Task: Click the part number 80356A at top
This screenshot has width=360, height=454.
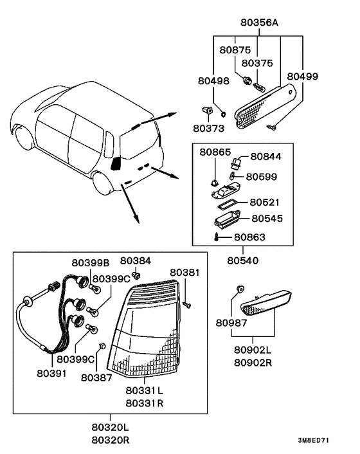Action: pyautogui.click(x=259, y=23)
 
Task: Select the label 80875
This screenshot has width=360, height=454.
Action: pyautogui.click(x=235, y=50)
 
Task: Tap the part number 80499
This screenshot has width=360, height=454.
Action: pyautogui.click(x=302, y=77)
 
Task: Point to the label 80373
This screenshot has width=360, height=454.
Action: pyautogui.click(x=209, y=128)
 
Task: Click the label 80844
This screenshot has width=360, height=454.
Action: pyautogui.click(x=265, y=157)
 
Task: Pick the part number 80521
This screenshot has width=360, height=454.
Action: pyautogui.click(x=264, y=203)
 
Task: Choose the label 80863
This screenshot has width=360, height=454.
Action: pyautogui.click(x=249, y=237)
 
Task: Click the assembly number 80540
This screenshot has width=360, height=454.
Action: pyautogui.click(x=243, y=260)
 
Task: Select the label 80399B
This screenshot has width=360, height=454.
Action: pyautogui.click(x=91, y=263)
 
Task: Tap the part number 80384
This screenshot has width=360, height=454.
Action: pyautogui.click(x=136, y=261)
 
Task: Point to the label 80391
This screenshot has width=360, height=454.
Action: pyautogui.click(x=51, y=374)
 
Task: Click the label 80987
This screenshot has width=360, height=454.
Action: pyautogui.click(x=231, y=323)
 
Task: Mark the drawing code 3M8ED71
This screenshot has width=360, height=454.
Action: pyautogui.click(x=314, y=440)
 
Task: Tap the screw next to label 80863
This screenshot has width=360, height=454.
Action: pyautogui.click(x=217, y=237)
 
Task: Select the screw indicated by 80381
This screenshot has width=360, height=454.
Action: pyautogui.click(x=187, y=305)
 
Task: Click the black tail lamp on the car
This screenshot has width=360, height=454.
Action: pyautogui.click(x=116, y=164)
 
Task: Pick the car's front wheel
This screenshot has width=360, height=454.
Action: pyautogui.click(x=22, y=136)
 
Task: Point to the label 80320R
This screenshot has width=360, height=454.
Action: pyautogui.click(x=111, y=440)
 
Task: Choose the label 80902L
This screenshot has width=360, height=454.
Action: pyautogui.click(x=253, y=350)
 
